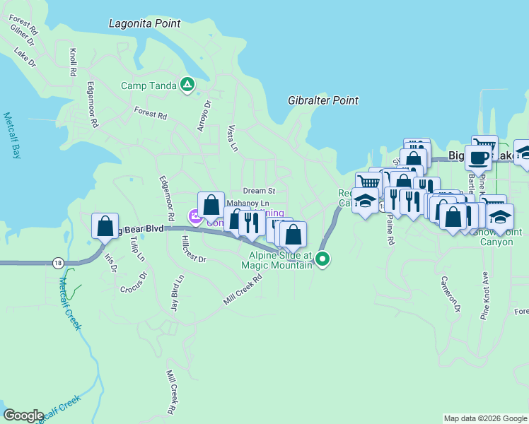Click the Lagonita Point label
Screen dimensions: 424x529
145,23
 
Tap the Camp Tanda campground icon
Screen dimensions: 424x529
187,86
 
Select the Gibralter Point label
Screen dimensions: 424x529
323,101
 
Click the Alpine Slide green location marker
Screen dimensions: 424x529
322,259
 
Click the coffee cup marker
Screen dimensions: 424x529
478,158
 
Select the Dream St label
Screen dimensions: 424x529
259,191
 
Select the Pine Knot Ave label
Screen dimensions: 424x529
486,297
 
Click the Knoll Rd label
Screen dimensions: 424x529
73,62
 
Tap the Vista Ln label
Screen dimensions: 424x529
231,139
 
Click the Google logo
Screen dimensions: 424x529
23,416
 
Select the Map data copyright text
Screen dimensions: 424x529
484,418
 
